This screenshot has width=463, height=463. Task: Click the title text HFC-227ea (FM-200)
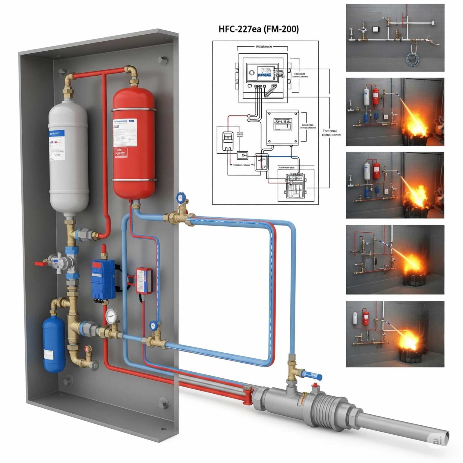coord(259,29)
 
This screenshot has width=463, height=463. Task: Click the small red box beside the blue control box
coord(144,281)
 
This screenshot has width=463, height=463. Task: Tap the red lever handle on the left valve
coord(40,263)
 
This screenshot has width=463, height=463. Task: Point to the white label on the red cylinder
coord(125,133)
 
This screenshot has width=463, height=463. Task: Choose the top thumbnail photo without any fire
coord(395,38)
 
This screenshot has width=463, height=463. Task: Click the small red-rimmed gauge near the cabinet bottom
coord(88,349)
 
